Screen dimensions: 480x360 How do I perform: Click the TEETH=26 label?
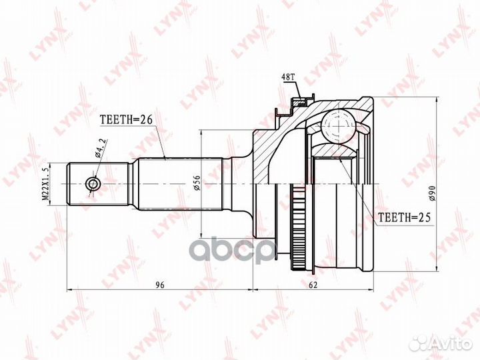pyautogui.click(x=126, y=120)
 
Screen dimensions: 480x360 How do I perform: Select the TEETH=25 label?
pyautogui.click(x=405, y=217)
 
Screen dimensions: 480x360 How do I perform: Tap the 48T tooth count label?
pyautogui.click(x=288, y=77)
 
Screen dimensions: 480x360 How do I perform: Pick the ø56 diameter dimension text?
pyautogui.click(x=197, y=183)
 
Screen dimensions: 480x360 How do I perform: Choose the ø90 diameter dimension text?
pyautogui.click(x=432, y=193)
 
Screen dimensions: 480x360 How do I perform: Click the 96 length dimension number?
pyautogui.click(x=160, y=285)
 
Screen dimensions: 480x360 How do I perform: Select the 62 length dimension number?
pyautogui.click(x=313, y=285)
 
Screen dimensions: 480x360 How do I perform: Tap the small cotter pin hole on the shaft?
pyautogui.click(x=92, y=184)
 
